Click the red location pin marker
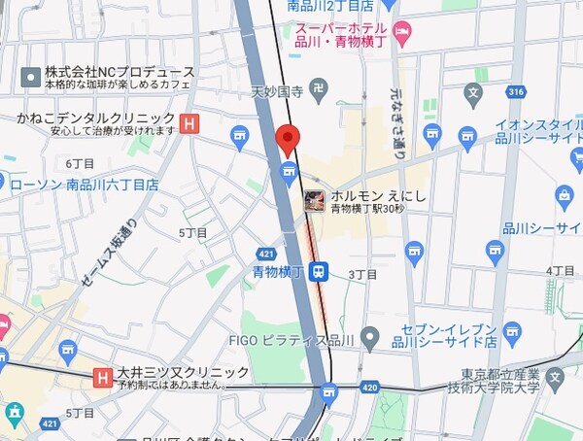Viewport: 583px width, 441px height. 287,140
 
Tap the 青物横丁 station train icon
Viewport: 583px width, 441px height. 318,272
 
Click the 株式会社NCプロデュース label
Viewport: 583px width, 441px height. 120,72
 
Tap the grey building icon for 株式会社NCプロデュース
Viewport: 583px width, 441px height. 30,75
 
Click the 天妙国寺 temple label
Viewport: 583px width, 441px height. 277,93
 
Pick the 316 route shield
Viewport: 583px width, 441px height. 515,92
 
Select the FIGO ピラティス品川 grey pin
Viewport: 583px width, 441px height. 368,339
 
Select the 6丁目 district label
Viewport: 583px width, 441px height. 79,162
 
